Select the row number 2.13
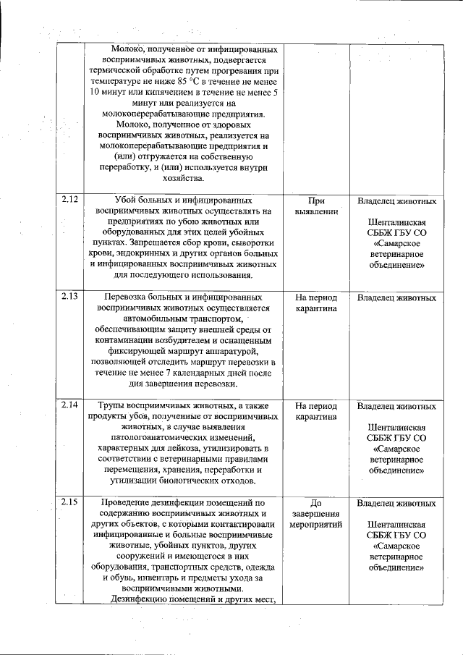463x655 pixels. coord(69,297)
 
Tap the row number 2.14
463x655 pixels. coord(69,406)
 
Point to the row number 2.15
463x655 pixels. coord(69,502)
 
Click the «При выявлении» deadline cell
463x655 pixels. coord(316,206)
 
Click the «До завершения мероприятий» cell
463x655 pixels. coord(316,513)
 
